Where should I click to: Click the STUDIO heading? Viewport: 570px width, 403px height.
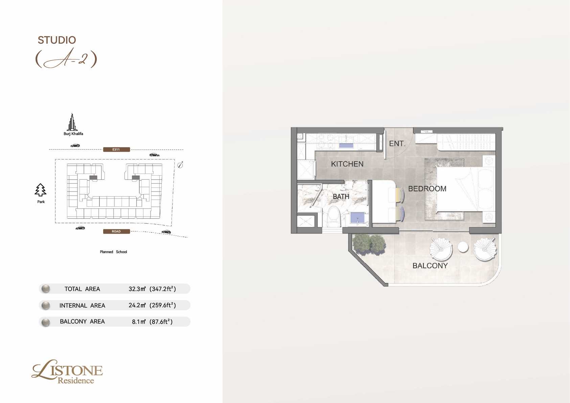pyautogui.click(x=57, y=40)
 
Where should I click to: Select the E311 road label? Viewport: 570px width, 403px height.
pyautogui.click(x=116, y=150)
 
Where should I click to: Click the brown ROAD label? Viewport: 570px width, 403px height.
pyautogui.click(x=116, y=231)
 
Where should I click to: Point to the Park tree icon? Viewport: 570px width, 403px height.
pyautogui.click(x=41, y=190)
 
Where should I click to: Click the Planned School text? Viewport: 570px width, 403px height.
pyautogui.click(x=113, y=252)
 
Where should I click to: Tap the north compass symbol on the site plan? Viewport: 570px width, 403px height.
pyautogui.click(x=180, y=165)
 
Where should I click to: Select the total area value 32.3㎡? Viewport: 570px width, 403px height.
pyautogui.click(x=137, y=289)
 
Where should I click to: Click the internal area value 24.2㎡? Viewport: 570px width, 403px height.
pyautogui.click(x=137, y=305)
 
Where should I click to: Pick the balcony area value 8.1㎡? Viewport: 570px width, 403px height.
pyautogui.click(x=139, y=322)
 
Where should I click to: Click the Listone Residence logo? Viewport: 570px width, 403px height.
pyautogui.click(x=67, y=372)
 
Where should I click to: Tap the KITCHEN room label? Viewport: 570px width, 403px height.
pyautogui.click(x=347, y=164)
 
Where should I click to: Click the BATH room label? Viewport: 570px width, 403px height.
pyautogui.click(x=341, y=197)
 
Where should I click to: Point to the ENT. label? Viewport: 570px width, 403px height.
pyautogui.click(x=397, y=143)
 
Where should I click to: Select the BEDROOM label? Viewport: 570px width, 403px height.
pyautogui.click(x=427, y=189)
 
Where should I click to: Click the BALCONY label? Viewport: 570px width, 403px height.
pyautogui.click(x=430, y=266)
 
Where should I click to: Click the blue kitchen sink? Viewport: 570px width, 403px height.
pyautogui.click(x=346, y=145)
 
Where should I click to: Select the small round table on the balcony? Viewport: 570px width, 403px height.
pyautogui.click(x=463, y=247)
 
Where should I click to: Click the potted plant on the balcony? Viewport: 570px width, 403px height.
pyautogui.click(x=369, y=244)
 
